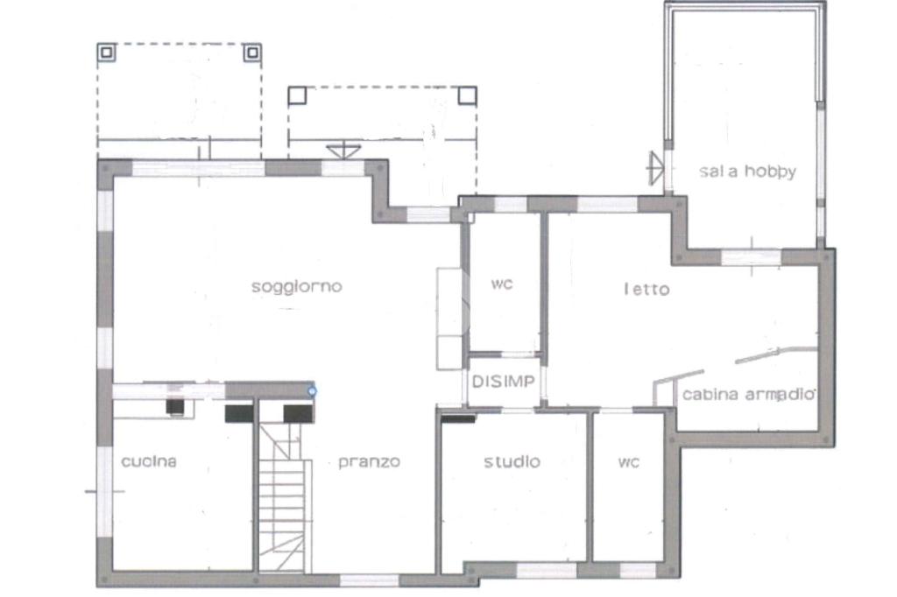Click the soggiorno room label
296,286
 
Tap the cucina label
149,461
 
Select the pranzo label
369,462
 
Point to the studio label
512,461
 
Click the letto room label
646,290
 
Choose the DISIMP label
504,382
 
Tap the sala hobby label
747,171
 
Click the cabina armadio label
749,394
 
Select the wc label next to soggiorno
502,284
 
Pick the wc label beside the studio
628,462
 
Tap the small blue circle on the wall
312,391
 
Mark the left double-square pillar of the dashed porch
106,53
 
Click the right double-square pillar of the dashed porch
252,53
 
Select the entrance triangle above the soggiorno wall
343,151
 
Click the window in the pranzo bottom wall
370,579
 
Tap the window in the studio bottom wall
547,570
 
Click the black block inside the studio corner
458,419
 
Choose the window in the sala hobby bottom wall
751,256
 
